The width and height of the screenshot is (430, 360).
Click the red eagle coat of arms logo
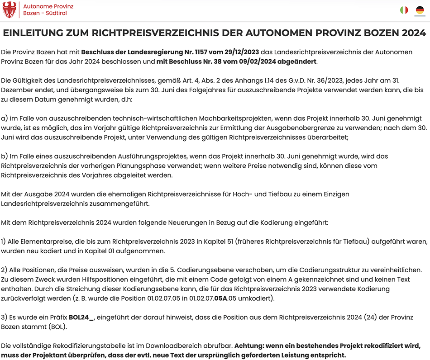click(x=10, y=10)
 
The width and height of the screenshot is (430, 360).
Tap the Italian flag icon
click(x=404, y=10)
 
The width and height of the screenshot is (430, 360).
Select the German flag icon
click(x=420, y=10)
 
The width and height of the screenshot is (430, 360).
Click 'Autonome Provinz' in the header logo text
click(x=48, y=7)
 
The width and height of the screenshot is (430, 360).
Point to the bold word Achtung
click(x=250, y=346)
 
